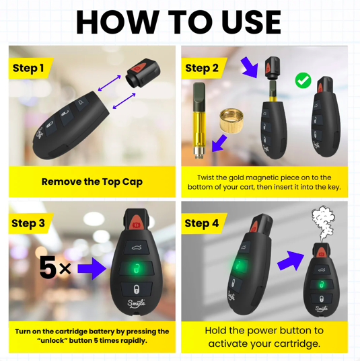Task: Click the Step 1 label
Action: [28, 69]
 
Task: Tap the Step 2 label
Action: [202, 69]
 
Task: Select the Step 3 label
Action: [28, 223]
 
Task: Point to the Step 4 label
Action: [202, 223]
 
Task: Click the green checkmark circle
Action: [303, 81]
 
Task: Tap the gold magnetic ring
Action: [231, 120]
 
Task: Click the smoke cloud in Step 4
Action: [323, 223]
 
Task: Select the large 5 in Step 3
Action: [48, 268]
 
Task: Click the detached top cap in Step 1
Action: [143, 73]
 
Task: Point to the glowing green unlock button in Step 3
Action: [136, 268]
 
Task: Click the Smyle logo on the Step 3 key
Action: [137, 303]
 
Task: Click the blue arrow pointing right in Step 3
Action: [92, 268]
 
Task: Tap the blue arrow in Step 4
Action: [291, 260]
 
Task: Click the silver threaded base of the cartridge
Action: [199, 153]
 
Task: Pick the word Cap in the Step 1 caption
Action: [133, 182]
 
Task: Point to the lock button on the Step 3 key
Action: [137, 289]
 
